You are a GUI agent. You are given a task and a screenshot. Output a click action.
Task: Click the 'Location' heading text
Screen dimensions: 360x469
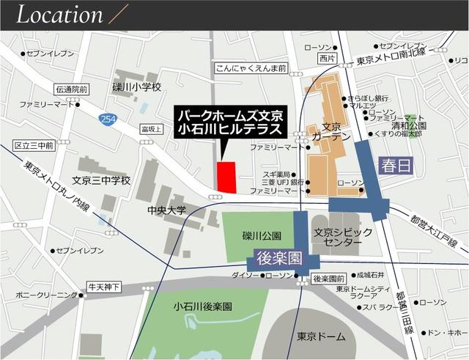pos(60,15)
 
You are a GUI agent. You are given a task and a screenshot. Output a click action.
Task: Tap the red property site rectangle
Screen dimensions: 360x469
pos(227,177)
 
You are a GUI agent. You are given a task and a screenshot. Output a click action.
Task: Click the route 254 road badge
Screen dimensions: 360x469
pos(109,120)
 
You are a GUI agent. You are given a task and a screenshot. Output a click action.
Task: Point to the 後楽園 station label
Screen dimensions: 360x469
pos(278,258)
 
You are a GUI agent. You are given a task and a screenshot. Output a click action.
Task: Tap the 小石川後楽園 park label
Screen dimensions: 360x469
pos(203,306)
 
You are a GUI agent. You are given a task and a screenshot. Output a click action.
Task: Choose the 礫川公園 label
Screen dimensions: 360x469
pos(262,236)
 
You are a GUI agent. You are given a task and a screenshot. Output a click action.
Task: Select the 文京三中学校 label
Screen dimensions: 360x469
pos(101,180)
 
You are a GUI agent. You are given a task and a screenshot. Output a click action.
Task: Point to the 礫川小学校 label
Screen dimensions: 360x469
pos(136,87)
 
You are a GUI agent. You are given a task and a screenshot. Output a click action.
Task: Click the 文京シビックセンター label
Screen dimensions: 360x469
pos(337,236)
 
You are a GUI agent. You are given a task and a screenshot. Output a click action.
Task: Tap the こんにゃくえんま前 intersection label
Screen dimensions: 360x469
pos(251,67)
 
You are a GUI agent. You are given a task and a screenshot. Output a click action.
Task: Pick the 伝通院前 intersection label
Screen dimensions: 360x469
pos(72,89)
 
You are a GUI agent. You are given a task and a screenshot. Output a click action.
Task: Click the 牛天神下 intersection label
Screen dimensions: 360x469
pos(103,286)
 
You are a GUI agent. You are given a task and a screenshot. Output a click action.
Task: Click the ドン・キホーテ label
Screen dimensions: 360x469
pos(447,332)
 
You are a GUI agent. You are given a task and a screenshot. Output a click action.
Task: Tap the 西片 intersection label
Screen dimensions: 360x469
pos(327,57)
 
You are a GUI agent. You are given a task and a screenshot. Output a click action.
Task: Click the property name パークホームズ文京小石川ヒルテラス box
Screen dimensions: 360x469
pos(229,122)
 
